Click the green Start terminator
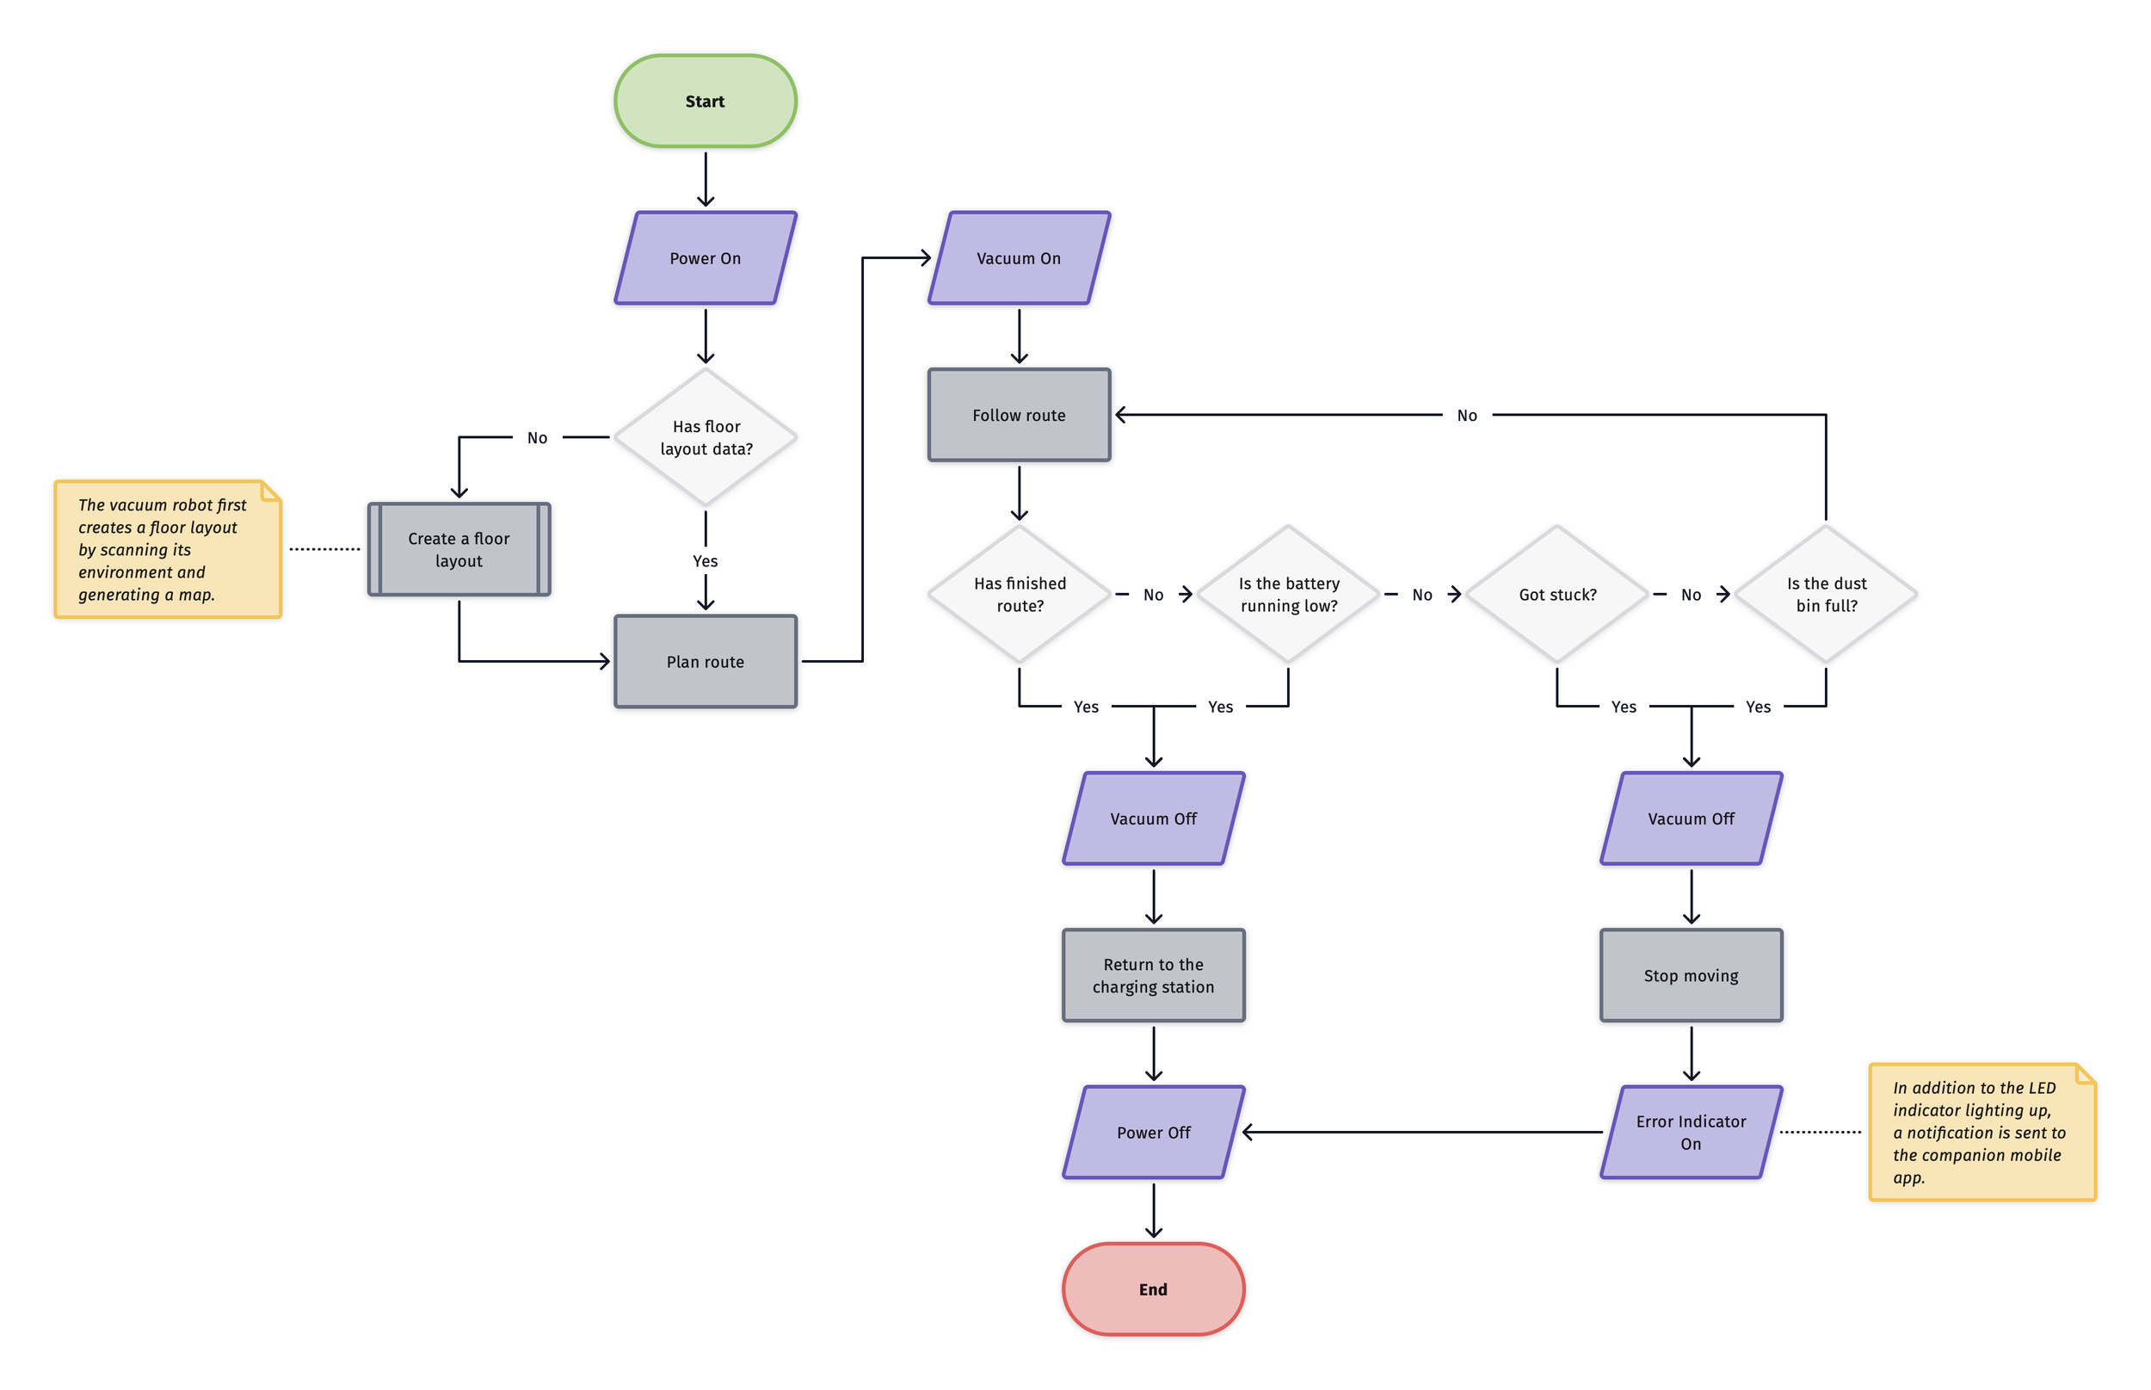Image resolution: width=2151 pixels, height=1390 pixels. (x=705, y=101)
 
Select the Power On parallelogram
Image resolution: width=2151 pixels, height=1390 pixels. (x=705, y=258)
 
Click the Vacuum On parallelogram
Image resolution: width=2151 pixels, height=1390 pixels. (x=1019, y=258)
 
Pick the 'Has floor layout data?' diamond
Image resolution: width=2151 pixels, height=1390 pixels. (x=705, y=437)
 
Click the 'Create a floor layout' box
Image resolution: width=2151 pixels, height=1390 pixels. (x=459, y=549)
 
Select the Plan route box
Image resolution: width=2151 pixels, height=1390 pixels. (x=705, y=662)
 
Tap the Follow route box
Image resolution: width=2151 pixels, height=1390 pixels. (x=1019, y=415)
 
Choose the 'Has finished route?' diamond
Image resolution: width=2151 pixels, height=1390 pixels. (x=1019, y=594)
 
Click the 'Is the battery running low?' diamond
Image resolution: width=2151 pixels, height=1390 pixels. (x=1287, y=594)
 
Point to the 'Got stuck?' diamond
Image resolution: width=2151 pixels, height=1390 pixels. (x=1556, y=594)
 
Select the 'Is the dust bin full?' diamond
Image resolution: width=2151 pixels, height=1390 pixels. (x=1825, y=594)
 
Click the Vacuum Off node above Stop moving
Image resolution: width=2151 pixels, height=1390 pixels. (x=1690, y=818)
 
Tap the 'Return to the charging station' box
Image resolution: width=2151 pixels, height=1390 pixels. (x=1152, y=975)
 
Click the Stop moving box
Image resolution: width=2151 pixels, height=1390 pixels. (x=1690, y=975)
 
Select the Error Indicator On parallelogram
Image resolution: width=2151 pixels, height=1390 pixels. (x=1690, y=1132)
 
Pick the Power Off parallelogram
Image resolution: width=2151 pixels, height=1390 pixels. (x=1152, y=1132)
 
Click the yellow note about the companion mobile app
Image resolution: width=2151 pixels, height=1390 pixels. (x=1981, y=1132)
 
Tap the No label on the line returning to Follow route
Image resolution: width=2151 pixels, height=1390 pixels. (x=1466, y=415)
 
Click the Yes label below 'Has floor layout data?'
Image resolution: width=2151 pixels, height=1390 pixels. (x=705, y=560)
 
